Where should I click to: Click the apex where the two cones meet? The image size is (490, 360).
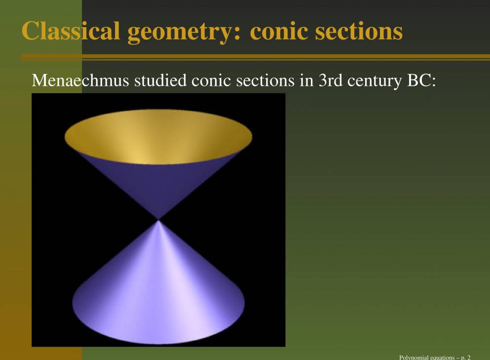point(158,219)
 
